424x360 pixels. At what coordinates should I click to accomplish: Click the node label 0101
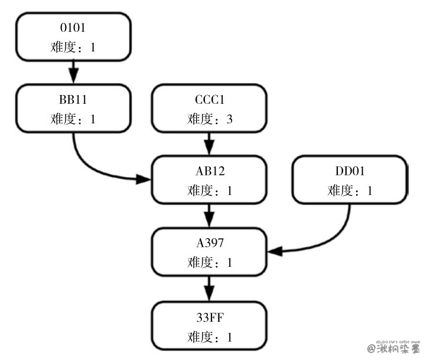pyautogui.click(x=73, y=28)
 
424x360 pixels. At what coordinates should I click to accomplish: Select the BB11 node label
pyautogui.click(x=73, y=99)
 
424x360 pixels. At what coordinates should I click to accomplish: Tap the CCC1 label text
pyautogui.click(x=209, y=99)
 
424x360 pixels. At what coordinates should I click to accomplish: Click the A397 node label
pyautogui.click(x=209, y=243)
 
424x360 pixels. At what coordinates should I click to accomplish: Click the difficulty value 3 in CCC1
pyautogui.click(x=229, y=119)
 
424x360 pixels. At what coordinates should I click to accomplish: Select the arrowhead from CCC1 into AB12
pyautogui.click(x=209, y=147)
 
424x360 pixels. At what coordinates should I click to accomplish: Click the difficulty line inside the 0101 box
pyautogui.click(x=73, y=47)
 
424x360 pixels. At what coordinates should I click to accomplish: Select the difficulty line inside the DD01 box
pyautogui.click(x=350, y=191)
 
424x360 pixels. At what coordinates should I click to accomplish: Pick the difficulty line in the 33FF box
pyautogui.click(x=209, y=338)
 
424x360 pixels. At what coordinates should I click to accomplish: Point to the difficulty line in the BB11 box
pyautogui.click(x=73, y=119)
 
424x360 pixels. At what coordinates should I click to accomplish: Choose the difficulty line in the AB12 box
pyautogui.click(x=209, y=191)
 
